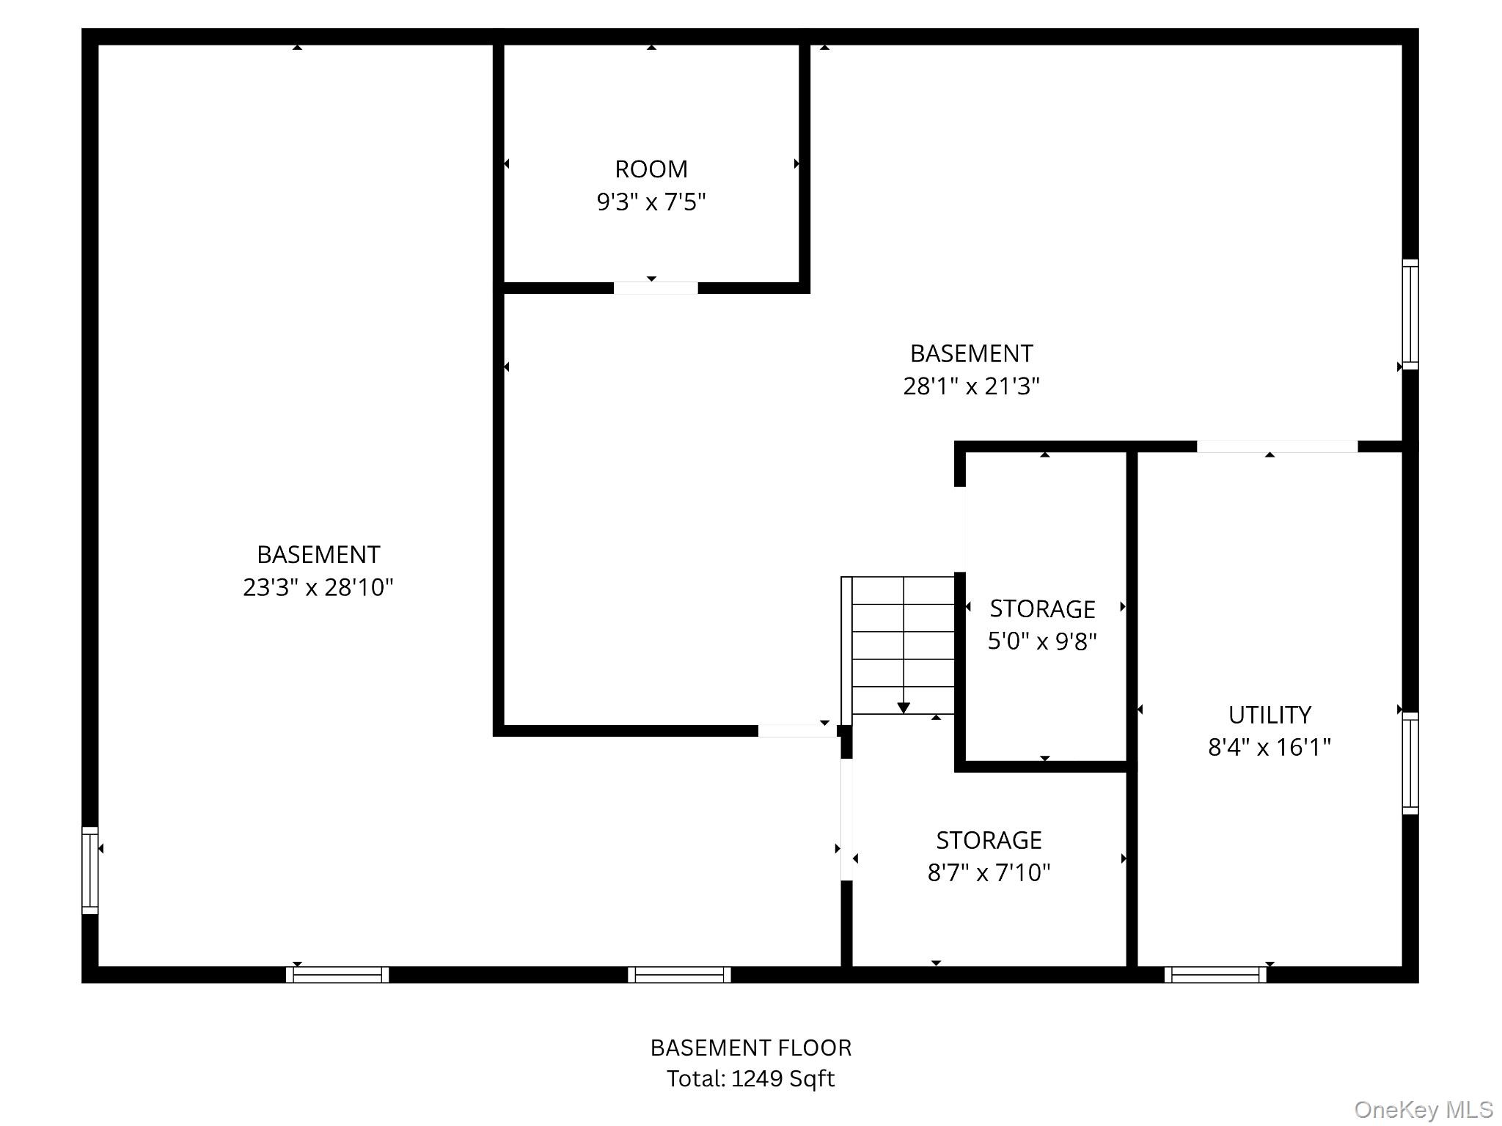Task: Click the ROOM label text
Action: tap(651, 169)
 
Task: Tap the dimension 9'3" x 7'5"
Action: tap(651, 202)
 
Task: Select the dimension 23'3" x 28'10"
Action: tap(318, 587)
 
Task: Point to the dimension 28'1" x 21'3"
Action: tap(971, 386)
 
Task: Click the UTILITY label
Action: tap(1270, 715)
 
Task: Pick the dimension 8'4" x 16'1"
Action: tap(1270, 747)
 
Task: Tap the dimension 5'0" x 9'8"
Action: tap(1042, 641)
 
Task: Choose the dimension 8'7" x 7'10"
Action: tap(989, 872)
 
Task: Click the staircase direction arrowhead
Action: tap(904, 708)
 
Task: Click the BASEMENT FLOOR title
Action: tap(751, 1048)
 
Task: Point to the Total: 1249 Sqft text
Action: tap(751, 1078)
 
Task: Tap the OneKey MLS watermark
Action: tap(1424, 1110)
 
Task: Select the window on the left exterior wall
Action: tap(89, 870)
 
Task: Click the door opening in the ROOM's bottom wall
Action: tap(656, 288)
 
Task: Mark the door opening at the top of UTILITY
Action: tap(1278, 446)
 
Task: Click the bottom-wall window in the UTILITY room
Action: tap(1215, 975)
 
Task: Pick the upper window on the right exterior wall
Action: tap(1410, 314)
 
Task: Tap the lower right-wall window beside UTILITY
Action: tap(1410, 763)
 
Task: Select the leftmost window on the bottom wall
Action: tap(337, 975)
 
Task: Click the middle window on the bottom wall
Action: tap(679, 975)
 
